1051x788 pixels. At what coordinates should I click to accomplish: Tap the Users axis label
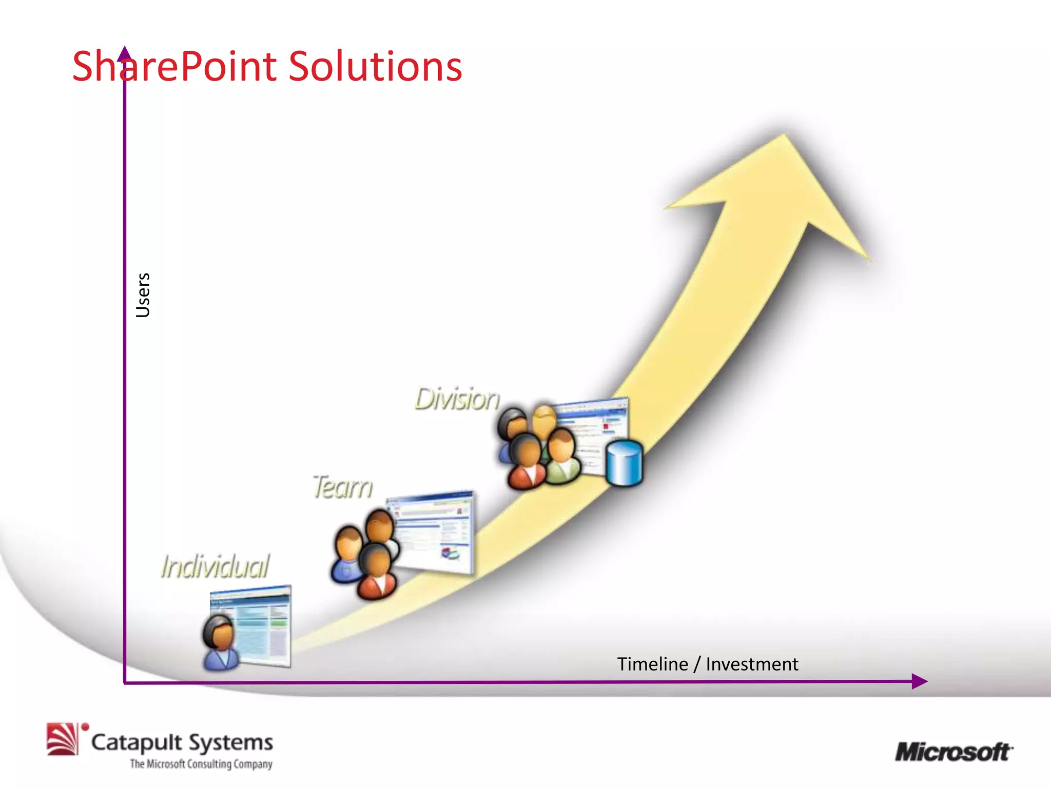click(x=143, y=295)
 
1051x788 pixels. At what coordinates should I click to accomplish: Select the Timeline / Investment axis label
click(x=707, y=664)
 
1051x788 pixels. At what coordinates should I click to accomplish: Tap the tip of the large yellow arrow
click(x=784, y=136)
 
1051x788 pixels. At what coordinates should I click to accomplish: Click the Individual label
click(x=215, y=566)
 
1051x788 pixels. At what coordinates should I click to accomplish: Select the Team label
click(x=342, y=487)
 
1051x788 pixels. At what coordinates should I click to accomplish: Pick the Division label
click(x=457, y=399)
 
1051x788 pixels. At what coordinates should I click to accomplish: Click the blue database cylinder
click(x=624, y=463)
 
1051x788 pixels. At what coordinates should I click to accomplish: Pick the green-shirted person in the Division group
click(x=562, y=457)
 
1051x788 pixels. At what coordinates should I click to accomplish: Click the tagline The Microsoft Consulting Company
click(x=201, y=764)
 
